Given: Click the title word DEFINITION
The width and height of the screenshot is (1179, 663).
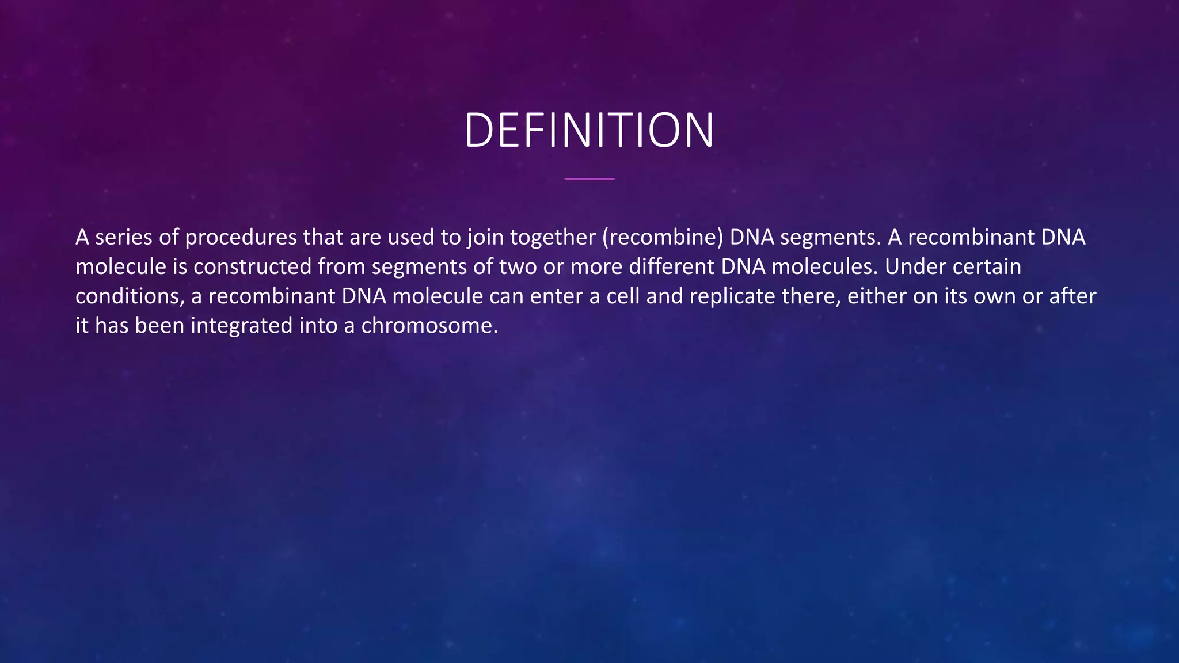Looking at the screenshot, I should (x=589, y=130).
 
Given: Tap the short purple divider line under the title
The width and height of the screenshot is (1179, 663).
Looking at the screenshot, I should (x=589, y=179).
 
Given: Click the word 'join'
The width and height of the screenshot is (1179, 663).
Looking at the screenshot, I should (x=485, y=237).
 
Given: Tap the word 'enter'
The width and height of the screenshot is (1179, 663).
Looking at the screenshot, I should (x=556, y=296).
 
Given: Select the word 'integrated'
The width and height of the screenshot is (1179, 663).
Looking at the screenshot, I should (x=242, y=326).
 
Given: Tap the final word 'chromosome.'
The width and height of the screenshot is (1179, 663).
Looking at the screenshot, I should (x=429, y=326).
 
